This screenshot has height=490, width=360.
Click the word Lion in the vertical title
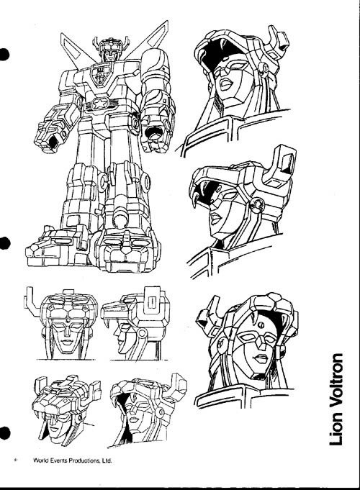coord(337,432)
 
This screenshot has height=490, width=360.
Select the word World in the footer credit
coord(40,460)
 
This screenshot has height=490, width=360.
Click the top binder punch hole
coord(4,55)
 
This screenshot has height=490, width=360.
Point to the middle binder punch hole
coord(4,243)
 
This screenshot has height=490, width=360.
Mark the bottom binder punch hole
coord(4,433)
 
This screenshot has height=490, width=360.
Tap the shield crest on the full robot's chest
coord(100,74)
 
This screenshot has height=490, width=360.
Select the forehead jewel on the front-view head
coord(67,320)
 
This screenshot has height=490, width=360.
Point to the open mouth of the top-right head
coord(227,83)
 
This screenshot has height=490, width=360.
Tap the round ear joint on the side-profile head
coord(142,334)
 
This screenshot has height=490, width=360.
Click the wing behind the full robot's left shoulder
coord(74,49)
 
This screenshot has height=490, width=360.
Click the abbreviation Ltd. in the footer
coord(107,460)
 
